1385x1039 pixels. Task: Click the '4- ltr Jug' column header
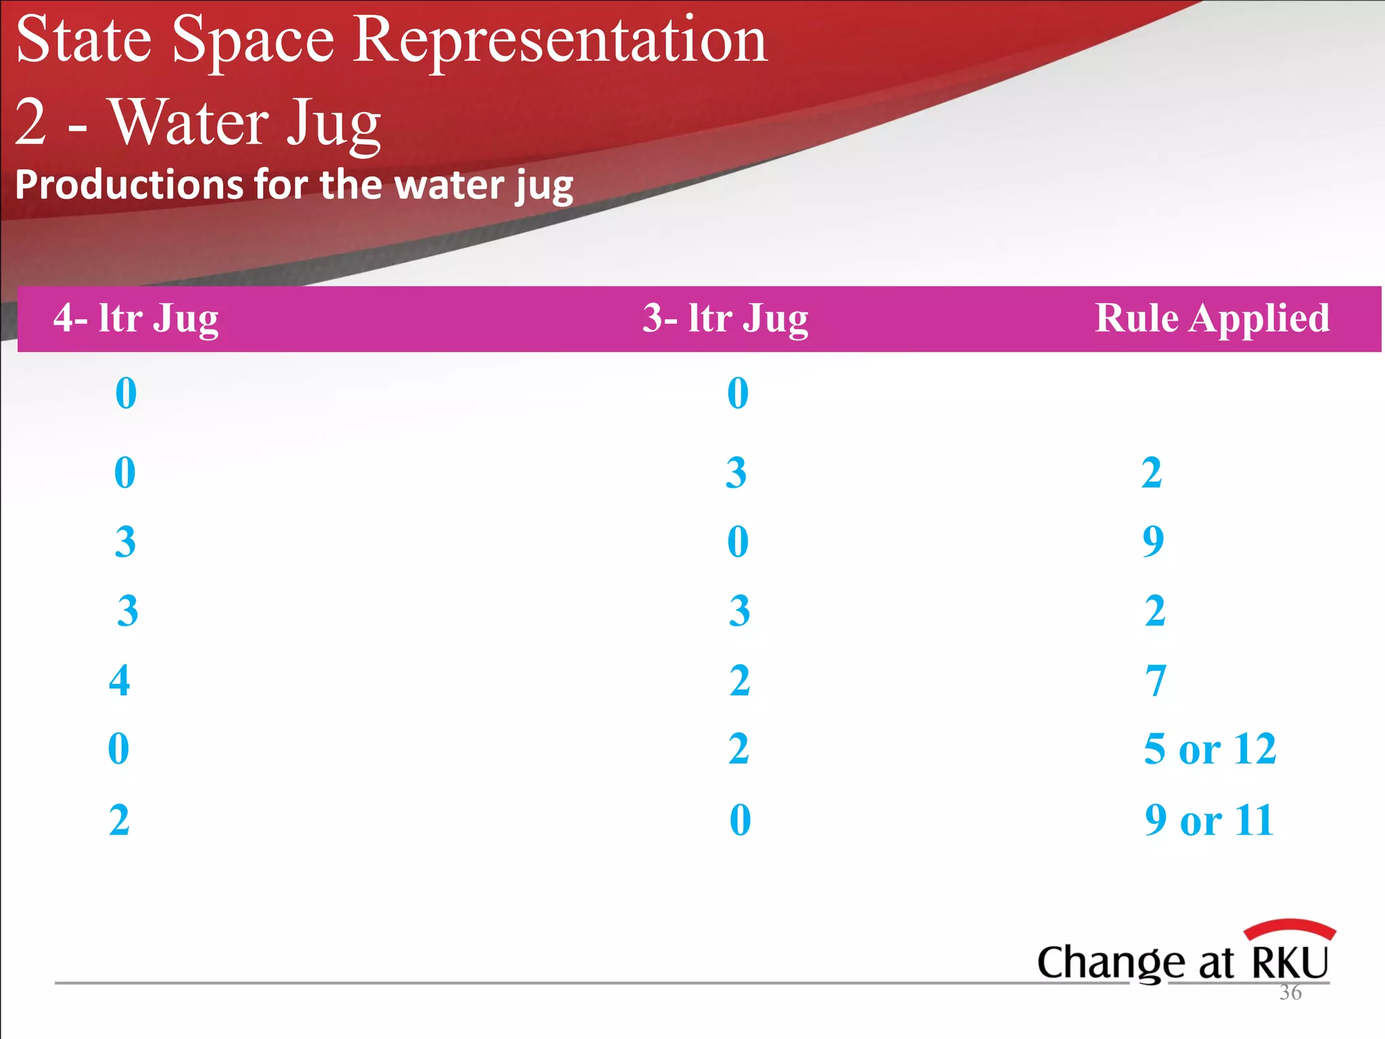pos(136,318)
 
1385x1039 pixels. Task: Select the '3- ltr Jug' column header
pos(725,318)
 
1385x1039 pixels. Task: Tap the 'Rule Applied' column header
pos(1212,318)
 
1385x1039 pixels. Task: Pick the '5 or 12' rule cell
pos(1210,749)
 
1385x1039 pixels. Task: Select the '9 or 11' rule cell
pos(1209,820)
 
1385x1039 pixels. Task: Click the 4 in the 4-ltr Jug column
pos(120,680)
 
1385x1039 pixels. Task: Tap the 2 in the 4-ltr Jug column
pos(119,820)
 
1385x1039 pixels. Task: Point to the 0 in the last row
pos(740,820)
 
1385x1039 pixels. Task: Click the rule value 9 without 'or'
pos(1153,541)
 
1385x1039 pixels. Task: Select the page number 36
pos(1290,992)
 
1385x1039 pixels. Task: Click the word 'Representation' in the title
pos(560,41)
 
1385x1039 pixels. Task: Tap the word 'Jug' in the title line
pos(333,124)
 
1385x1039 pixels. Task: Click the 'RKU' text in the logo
pos(1290,963)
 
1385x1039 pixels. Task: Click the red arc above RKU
pos(1290,927)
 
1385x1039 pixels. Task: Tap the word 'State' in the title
pos(83,41)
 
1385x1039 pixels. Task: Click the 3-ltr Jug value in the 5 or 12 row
pos(738,749)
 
